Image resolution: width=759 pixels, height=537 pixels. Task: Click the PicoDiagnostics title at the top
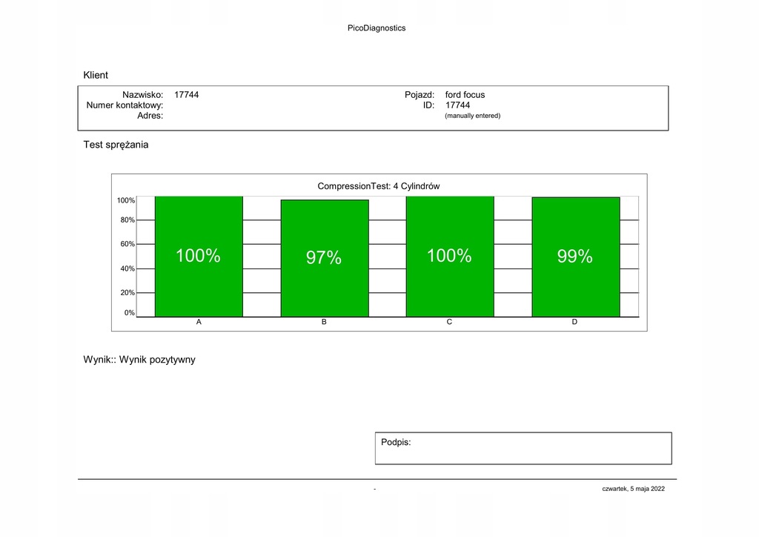tap(377, 28)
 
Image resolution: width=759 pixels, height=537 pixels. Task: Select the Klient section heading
tap(96, 75)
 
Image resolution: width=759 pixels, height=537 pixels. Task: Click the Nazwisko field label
tap(143, 95)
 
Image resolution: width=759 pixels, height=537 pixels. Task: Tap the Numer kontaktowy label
tap(125, 105)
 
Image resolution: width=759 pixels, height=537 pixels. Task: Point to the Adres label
tap(150, 116)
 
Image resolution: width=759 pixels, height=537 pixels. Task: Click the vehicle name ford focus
tap(465, 95)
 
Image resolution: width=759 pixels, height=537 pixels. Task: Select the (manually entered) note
tap(472, 116)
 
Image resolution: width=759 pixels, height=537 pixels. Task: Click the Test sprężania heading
tap(116, 145)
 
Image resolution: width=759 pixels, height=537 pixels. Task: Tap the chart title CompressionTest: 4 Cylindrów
tap(379, 186)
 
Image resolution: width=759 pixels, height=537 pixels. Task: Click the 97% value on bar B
tap(324, 258)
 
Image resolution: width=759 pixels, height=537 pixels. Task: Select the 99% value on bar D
tap(574, 257)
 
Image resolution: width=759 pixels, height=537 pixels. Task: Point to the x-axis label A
tap(199, 322)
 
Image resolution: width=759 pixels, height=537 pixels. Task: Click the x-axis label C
tap(449, 322)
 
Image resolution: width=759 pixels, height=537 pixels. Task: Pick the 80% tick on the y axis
tap(127, 220)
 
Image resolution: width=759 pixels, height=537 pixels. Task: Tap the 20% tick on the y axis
tap(127, 293)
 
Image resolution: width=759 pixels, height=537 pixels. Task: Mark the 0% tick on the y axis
tap(130, 313)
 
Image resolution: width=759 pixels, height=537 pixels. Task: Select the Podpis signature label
tap(396, 443)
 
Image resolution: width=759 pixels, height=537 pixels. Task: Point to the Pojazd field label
tap(420, 95)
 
